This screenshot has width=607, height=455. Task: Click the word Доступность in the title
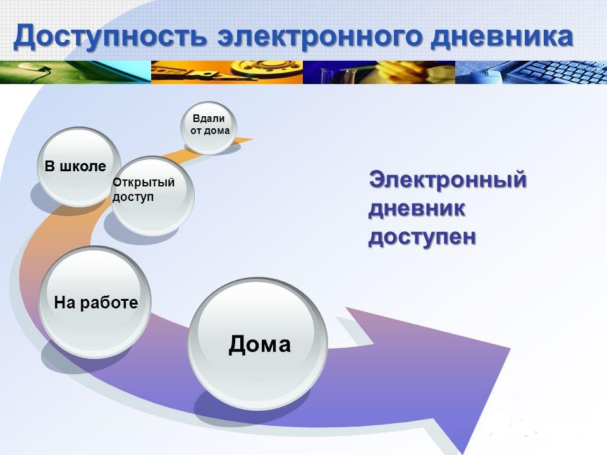tap(110, 37)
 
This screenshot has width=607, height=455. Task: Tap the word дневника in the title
tap(501, 37)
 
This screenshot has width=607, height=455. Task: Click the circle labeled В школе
tap(78, 167)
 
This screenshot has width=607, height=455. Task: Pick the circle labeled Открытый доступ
tap(152, 195)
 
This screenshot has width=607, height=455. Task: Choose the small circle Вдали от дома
tap(209, 127)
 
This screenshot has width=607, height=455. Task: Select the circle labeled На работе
tap(95, 302)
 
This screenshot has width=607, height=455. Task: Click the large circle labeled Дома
tap(258, 344)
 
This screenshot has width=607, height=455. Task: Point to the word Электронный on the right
tap(448, 180)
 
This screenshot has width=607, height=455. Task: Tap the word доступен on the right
tap(422, 237)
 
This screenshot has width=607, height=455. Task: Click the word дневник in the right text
tap(417, 208)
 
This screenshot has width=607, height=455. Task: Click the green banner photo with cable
tap(75, 72)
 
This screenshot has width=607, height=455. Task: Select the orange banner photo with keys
tap(227, 72)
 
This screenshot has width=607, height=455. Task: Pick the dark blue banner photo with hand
tap(379, 72)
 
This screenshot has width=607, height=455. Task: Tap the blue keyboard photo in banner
tap(531, 72)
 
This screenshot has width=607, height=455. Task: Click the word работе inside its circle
tap(109, 303)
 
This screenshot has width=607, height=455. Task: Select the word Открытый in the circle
tap(144, 182)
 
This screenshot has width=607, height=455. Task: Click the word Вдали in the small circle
tap(209, 118)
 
